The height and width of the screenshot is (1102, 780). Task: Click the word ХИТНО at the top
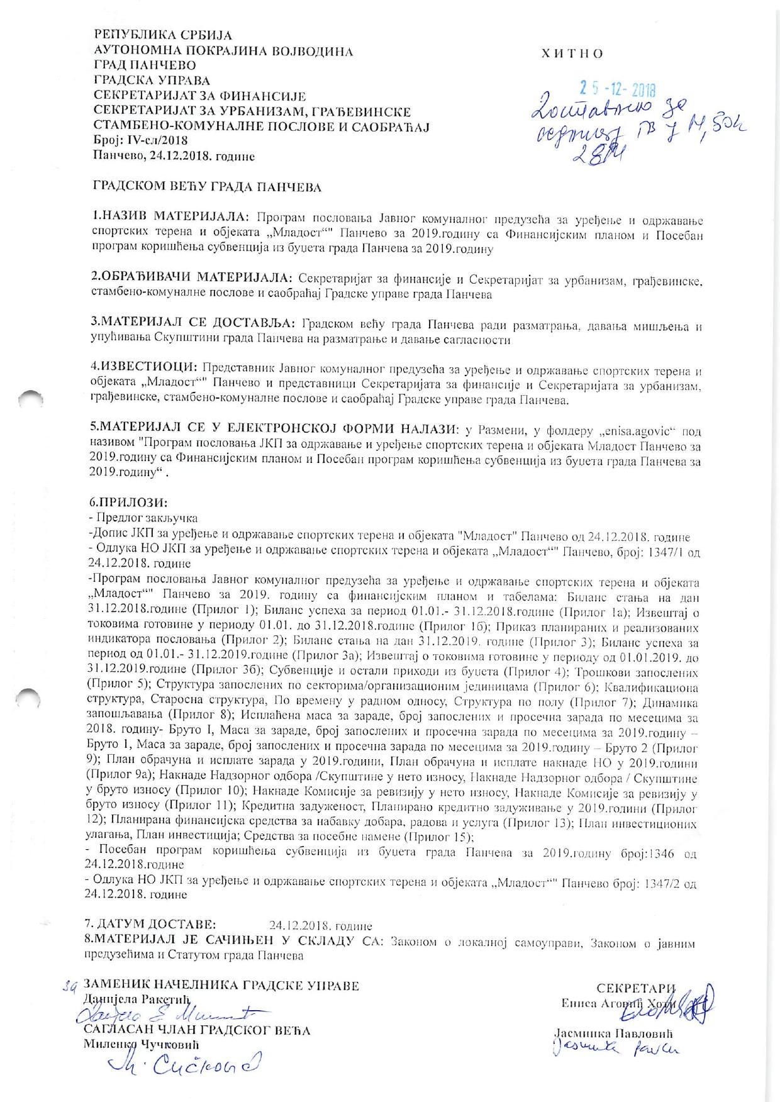tap(572, 53)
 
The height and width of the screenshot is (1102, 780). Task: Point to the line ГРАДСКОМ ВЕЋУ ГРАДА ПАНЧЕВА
tap(207, 187)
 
